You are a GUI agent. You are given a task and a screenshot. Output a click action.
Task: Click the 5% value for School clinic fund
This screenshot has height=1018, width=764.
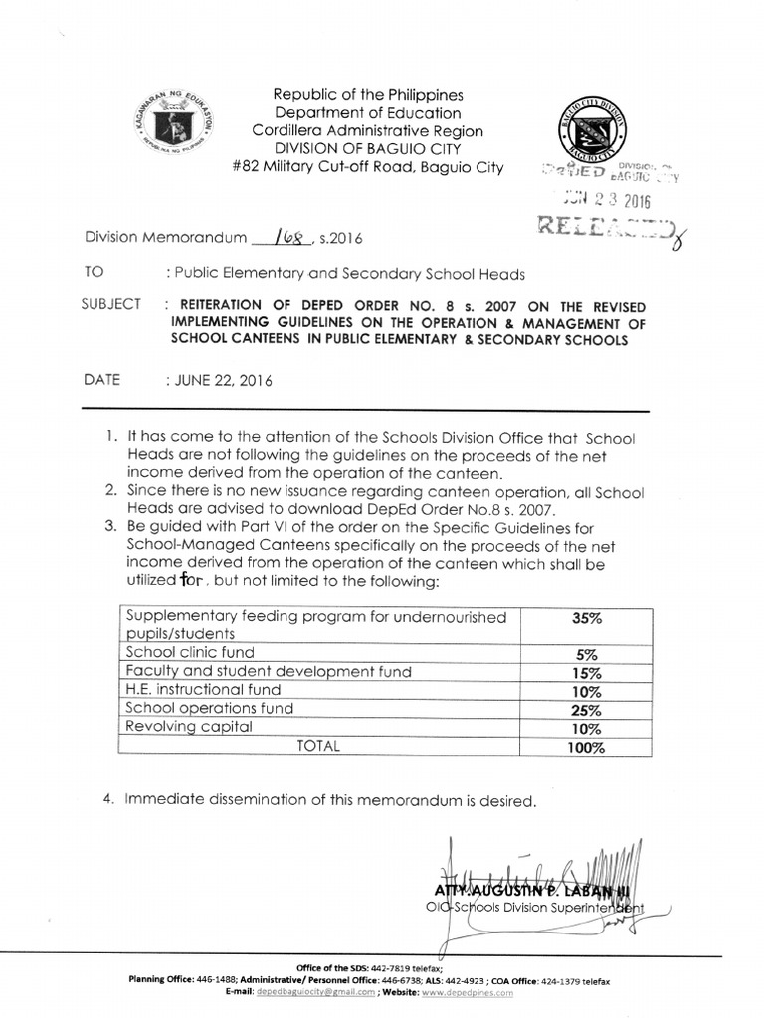pos(586,654)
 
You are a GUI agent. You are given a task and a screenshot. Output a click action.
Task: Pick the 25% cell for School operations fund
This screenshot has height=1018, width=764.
pos(586,710)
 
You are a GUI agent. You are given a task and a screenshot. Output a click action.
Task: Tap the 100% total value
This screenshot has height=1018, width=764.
pos(586,748)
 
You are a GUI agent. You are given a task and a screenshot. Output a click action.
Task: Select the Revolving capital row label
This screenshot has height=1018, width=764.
pos(189,727)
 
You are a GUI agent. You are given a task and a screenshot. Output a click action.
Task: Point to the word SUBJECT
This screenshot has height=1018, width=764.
pos(110,304)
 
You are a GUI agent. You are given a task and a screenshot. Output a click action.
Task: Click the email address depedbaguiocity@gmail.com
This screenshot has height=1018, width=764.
pos(316,991)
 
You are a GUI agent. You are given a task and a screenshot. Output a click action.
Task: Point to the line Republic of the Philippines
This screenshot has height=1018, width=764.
pos(369,95)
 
